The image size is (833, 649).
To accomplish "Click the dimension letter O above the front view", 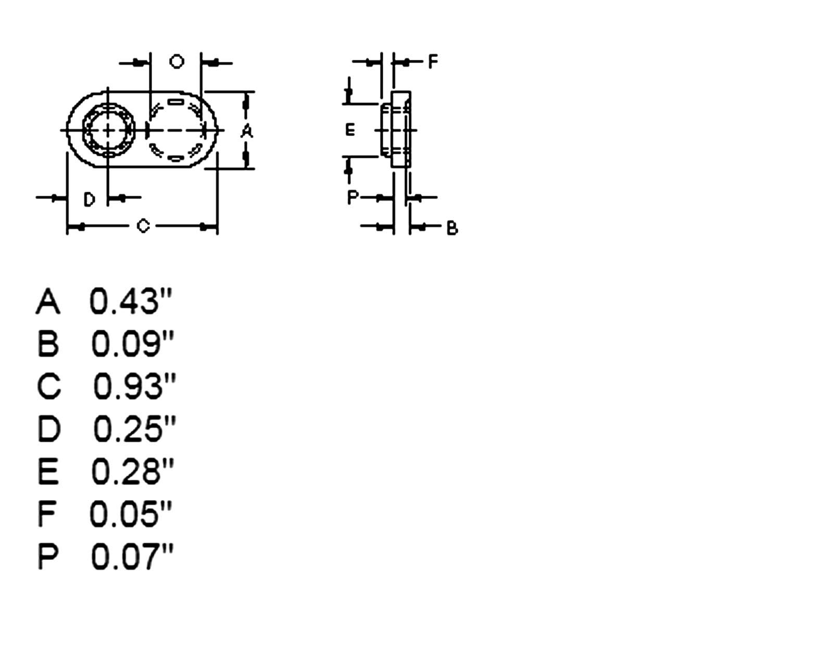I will point(177,61).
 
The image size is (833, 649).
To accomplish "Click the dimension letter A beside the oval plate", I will point(247,131).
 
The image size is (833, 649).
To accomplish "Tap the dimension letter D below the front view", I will point(90,199).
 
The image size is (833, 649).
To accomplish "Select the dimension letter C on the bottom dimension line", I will point(143,226).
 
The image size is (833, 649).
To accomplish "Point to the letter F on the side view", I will point(433,62).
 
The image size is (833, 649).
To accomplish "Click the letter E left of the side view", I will point(350,130).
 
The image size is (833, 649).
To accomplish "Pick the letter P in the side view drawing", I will point(353,197).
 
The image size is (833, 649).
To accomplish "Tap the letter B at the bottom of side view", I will point(452,228).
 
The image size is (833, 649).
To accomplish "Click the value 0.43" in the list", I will point(130,301).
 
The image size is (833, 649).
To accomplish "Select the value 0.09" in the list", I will point(132,343).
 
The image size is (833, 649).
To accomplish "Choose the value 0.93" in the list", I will point(134,386).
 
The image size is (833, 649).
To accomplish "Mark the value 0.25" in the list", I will point(134,429).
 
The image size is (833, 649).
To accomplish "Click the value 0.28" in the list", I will point(132,471).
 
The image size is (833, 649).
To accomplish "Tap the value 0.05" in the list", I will point(130,514).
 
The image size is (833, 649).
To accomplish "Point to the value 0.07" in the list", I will point(131,556).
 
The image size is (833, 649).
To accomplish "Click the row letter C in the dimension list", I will point(48,386).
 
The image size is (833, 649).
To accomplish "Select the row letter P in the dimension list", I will point(47,556).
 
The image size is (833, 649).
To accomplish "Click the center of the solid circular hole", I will point(108,130).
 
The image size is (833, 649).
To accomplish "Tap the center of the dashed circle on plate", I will point(175,130).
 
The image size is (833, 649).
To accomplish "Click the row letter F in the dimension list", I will point(47,514).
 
